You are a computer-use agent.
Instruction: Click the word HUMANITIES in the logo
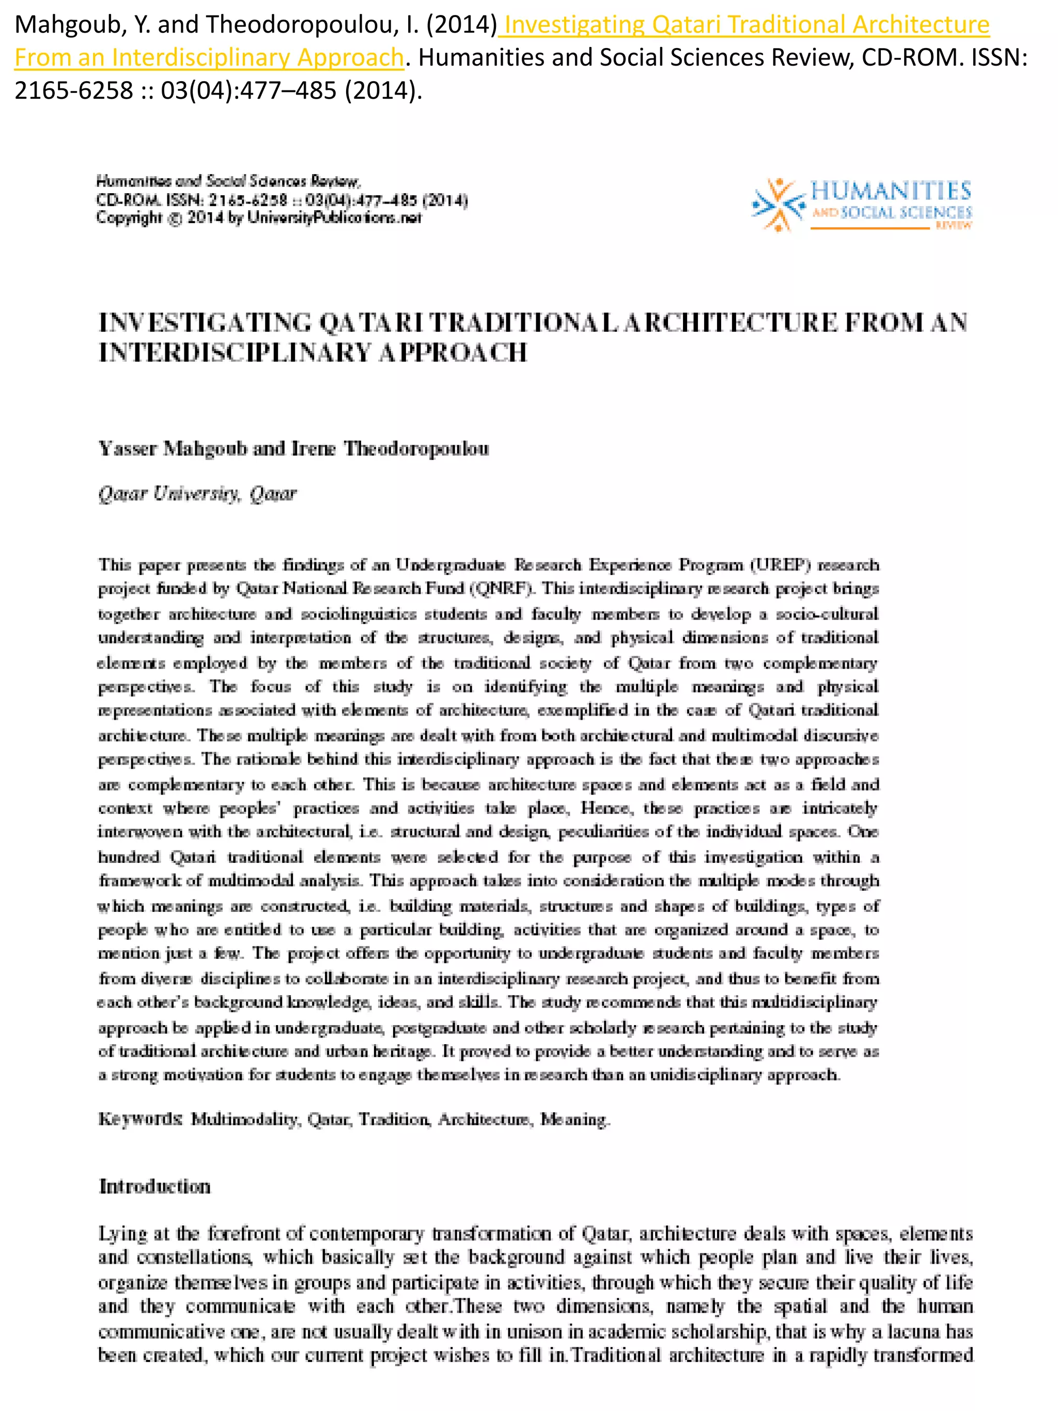coord(890,191)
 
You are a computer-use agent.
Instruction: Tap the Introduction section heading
coord(154,1186)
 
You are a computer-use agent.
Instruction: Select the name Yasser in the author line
coord(127,449)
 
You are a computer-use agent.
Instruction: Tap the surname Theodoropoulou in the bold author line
coord(416,449)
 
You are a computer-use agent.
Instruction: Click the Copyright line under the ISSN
coord(258,218)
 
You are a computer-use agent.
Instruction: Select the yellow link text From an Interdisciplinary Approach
coord(209,57)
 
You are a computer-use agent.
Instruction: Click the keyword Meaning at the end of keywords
coord(574,1120)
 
